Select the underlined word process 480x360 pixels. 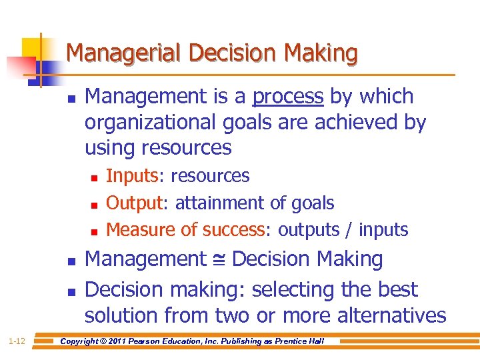287,97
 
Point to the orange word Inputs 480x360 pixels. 131,176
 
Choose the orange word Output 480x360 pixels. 134,203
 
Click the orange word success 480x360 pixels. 232,230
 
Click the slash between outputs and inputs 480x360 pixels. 350,230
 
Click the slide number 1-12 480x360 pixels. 17,342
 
